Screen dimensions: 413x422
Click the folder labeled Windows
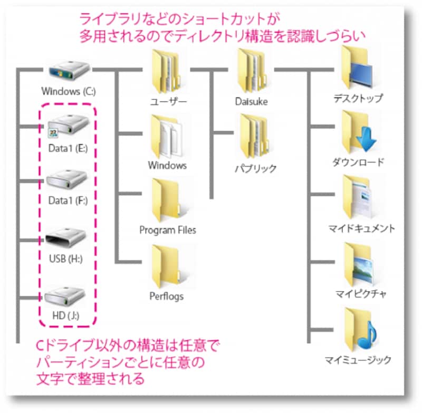coord(167,136)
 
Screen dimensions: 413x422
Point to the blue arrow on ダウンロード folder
coord(366,139)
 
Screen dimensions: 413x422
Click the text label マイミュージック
coord(358,361)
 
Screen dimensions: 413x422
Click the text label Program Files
coord(167,230)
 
